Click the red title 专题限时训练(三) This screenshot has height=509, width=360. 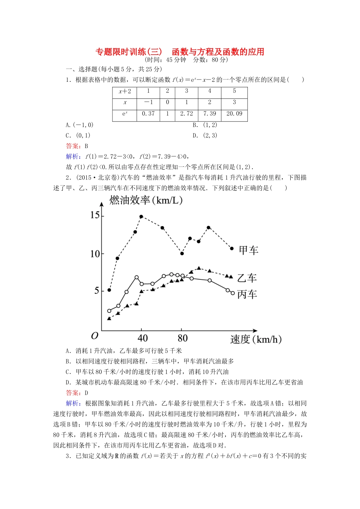click(x=129, y=52)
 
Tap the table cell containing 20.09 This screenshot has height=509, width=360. click(x=234, y=114)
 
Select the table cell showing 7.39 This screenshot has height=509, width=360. click(x=210, y=114)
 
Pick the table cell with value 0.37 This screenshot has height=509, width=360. click(x=148, y=114)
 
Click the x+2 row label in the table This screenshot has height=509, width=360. click(x=125, y=91)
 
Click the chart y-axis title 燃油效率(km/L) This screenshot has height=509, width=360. click(x=146, y=200)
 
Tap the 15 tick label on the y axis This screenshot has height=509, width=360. click(x=95, y=215)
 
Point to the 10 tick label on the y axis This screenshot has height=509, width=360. click(x=95, y=254)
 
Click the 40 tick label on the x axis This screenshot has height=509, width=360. click(x=142, y=338)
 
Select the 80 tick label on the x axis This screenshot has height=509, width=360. click(x=183, y=338)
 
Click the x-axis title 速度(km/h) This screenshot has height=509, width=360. click(x=256, y=339)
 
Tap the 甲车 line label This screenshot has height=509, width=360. click(x=249, y=250)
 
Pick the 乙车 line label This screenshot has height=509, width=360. click(x=247, y=278)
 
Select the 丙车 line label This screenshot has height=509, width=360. click(x=247, y=295)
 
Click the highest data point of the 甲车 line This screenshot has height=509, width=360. click(x=141, y=217)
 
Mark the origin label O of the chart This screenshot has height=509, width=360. click(x=95, y=336)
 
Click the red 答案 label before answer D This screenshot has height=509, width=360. click(x=72, y=393)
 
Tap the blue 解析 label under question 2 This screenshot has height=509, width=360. click(x=72, y=404)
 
